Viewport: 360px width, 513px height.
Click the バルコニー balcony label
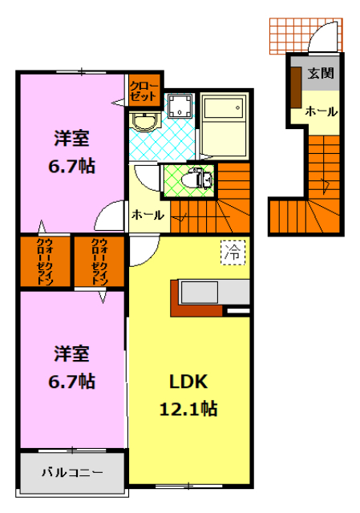point(72,471)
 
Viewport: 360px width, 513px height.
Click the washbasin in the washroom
point(145,123)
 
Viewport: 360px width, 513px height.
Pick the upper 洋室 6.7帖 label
point(72,151)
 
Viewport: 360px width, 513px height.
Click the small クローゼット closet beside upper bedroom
point(145,89)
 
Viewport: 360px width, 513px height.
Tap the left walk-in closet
point(45,261)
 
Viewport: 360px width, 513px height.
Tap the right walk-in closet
point(99,261)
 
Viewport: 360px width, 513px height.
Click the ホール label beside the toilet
point(148,215)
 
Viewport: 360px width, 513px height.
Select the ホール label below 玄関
point(321,111)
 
